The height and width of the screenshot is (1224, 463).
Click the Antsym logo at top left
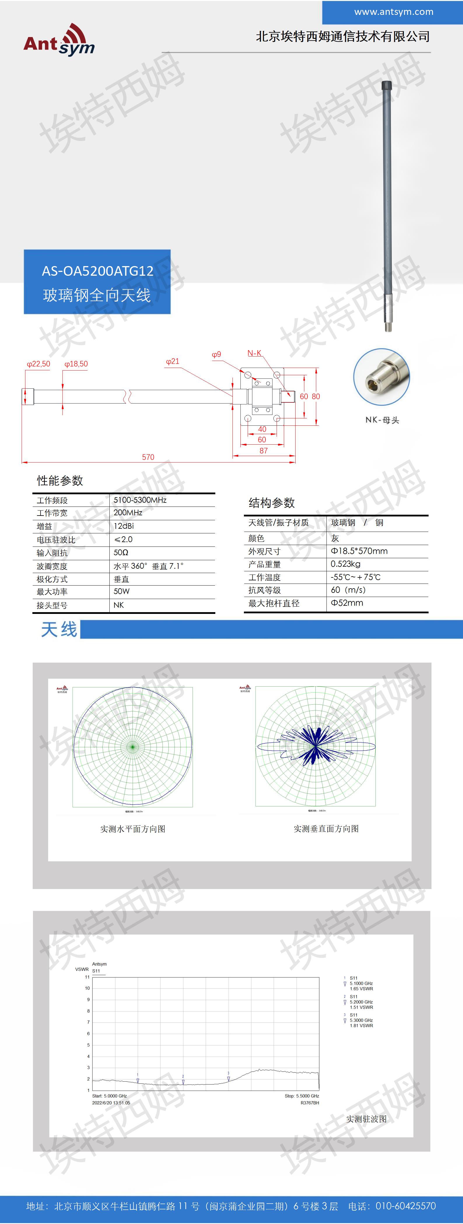[59, 40]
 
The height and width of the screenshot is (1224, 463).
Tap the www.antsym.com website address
[393, 12]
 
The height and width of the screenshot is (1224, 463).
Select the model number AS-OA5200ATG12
[97, 271]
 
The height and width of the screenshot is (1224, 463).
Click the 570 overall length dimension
[148, 457]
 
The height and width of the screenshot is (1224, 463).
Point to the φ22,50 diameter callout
[39, 364]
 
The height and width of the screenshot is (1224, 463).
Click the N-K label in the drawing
[254, 353]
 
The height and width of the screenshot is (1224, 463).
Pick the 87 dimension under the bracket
[263, 451]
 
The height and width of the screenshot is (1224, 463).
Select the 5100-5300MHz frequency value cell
[140, 500]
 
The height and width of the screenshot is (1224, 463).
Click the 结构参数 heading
[272, 503]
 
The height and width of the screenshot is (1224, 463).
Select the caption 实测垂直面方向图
[326, 829]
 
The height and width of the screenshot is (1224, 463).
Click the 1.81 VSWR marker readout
[361, 1025]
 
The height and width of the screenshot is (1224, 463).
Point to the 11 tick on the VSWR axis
[87, 977]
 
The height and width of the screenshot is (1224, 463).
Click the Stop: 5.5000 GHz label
[302, 1096]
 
